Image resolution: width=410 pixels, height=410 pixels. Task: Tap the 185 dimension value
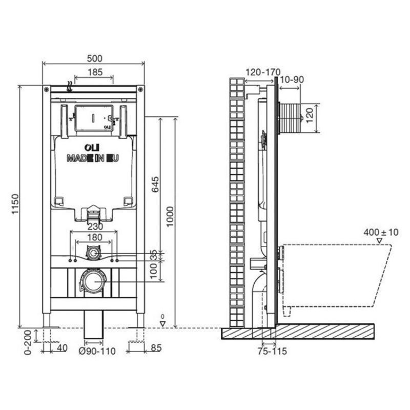(94, 72)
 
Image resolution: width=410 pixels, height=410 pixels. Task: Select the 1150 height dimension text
(15, 204)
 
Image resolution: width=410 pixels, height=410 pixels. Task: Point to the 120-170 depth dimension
(261, 72)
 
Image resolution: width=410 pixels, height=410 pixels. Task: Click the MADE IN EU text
(93, 159)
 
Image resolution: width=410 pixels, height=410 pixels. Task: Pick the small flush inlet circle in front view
(93, 253)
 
